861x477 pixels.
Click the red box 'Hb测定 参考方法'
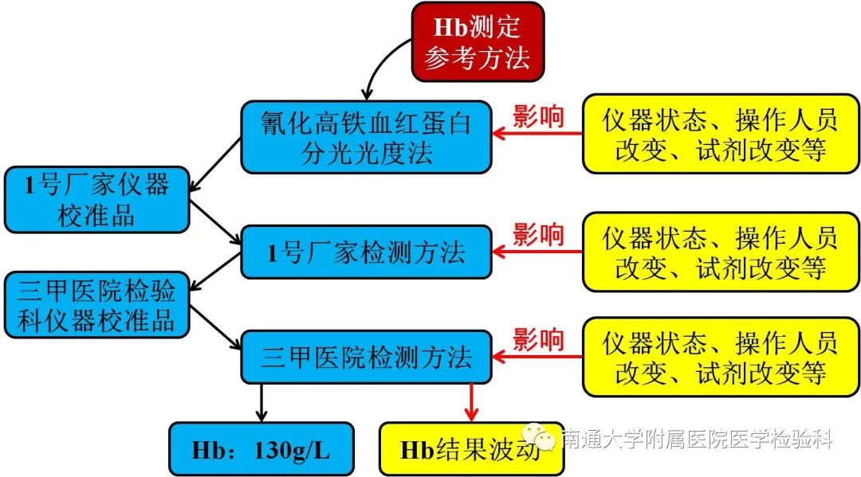477,41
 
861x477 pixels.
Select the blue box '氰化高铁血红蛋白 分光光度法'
366,137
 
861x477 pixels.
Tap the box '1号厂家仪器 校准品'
96,200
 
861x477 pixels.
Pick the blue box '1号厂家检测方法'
366,252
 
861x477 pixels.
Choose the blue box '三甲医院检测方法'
366,357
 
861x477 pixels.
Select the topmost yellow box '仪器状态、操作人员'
721,135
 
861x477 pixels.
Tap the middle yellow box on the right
721,252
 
